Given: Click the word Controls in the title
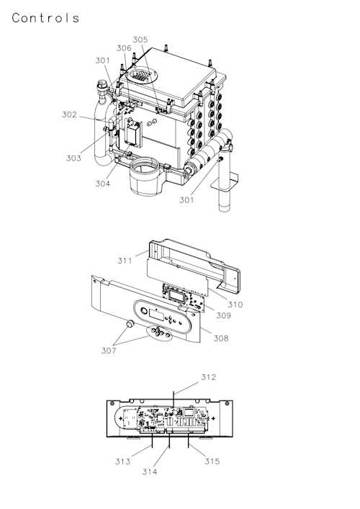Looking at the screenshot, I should click(x=45, y=18).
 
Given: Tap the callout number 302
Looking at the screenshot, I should click(x=69, y=114).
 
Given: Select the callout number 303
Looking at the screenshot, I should click(x=73, y=158).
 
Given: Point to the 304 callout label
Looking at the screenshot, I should click(x=102, y=184).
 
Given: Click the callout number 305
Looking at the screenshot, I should click(x=140, y=40).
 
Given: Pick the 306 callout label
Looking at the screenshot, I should click(x=124, y=48).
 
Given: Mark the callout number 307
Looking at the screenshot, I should click(x=107, y=351).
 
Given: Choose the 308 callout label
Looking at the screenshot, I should click(x=220, y=338).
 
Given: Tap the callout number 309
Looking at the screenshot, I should click(x=225, y=315).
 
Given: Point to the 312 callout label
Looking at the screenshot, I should click(x=208, y=377).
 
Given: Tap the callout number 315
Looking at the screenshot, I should click(x=211, y=461).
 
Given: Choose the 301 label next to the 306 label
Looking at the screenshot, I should click(x=103, y=60).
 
